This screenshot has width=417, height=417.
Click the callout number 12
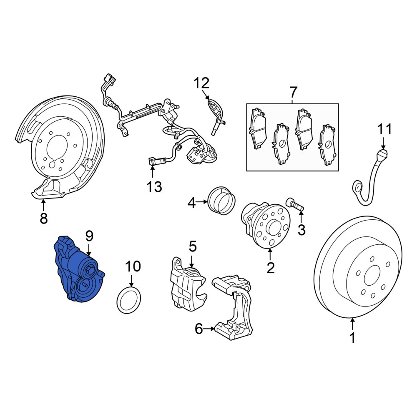click(201, 83)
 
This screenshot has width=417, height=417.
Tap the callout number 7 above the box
click(293, 92)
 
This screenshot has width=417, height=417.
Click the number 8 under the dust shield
click(44, 218)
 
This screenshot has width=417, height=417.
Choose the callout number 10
click(133, 266)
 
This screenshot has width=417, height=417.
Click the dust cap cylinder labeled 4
click(221, 201)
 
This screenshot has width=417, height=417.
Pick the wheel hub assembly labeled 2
click(265, 225)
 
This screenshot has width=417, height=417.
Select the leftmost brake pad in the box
click(257, 128)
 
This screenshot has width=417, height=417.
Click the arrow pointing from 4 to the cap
click(201, 202)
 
